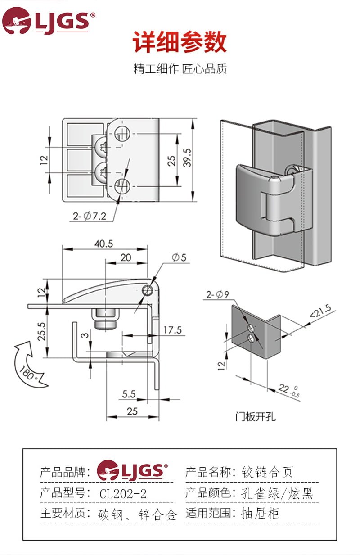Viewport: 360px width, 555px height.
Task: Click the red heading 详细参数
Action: (x=180, y=43)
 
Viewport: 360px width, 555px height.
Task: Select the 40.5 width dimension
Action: (x=103, y=244)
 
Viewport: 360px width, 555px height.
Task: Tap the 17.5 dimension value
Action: (x=172, y=330)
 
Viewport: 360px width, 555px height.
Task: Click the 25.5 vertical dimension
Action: (x=41, y=331)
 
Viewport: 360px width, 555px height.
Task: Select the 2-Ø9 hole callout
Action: (x=218, y=295)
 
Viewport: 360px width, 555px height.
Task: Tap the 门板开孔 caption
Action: (x=256, y=416)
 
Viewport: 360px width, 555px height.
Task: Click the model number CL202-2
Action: (x=123, y=494)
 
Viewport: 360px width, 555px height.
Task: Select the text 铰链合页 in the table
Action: (x=267, y=472)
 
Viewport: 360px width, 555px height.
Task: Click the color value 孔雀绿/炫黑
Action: (x=277, y=494)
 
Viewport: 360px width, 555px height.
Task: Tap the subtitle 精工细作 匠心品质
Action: (x=180, y=69)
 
